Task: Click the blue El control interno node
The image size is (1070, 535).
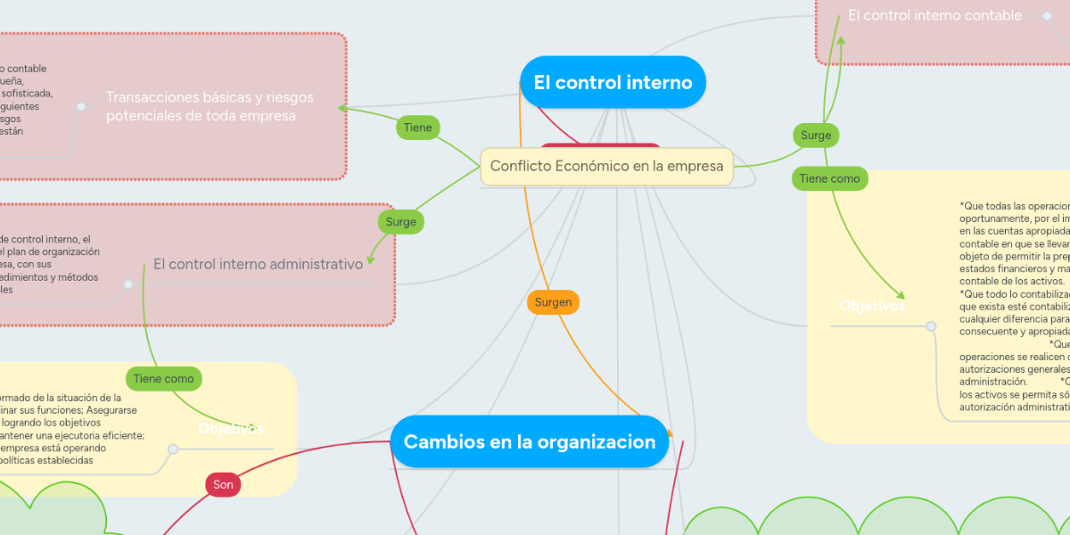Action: point(613,83)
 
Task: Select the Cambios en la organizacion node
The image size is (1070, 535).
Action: point(530,441)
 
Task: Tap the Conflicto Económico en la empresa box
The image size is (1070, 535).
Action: point(606,167)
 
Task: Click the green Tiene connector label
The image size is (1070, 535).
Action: point(417,128)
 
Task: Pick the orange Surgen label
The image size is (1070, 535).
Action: point(554,302)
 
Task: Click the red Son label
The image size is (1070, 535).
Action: point(223,484)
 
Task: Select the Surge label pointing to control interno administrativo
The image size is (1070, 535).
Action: point(401,221)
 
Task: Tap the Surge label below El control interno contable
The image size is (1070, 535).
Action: point(815,136)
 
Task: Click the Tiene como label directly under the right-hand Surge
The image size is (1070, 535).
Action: point(829,178)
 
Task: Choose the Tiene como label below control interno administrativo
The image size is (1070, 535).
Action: point(163,379)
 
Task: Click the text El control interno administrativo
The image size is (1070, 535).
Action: point(258,264)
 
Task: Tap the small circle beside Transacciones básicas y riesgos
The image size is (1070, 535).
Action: point(81,107)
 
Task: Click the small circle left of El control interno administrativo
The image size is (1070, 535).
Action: point(128,285)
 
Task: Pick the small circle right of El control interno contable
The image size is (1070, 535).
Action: point(1046,15)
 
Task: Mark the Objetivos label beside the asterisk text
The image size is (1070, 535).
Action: point(872,306)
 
